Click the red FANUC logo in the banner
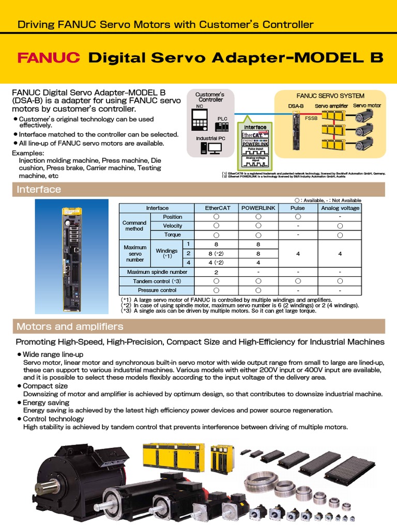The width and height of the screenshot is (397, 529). (49, 57)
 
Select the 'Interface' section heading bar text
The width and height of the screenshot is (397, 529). (39, 190)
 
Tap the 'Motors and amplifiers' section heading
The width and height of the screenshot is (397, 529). (70, 326)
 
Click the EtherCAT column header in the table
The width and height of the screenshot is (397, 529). (216, 208)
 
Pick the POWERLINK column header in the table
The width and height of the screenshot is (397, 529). (258, 208)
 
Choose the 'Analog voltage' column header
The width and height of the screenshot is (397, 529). (340, 208)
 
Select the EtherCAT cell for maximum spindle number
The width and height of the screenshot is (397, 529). (216, 272)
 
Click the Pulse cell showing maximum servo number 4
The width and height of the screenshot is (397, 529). (298, 254)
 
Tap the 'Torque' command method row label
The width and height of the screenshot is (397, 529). (172, 235)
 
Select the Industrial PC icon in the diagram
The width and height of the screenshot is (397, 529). (209, 149)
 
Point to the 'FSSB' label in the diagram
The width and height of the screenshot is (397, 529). (311, 118)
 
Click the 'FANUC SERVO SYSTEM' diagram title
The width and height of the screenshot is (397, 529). (330, 96)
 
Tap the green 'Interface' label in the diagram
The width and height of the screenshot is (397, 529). (255, 127)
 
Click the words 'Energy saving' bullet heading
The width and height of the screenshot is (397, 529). (46, 402)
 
